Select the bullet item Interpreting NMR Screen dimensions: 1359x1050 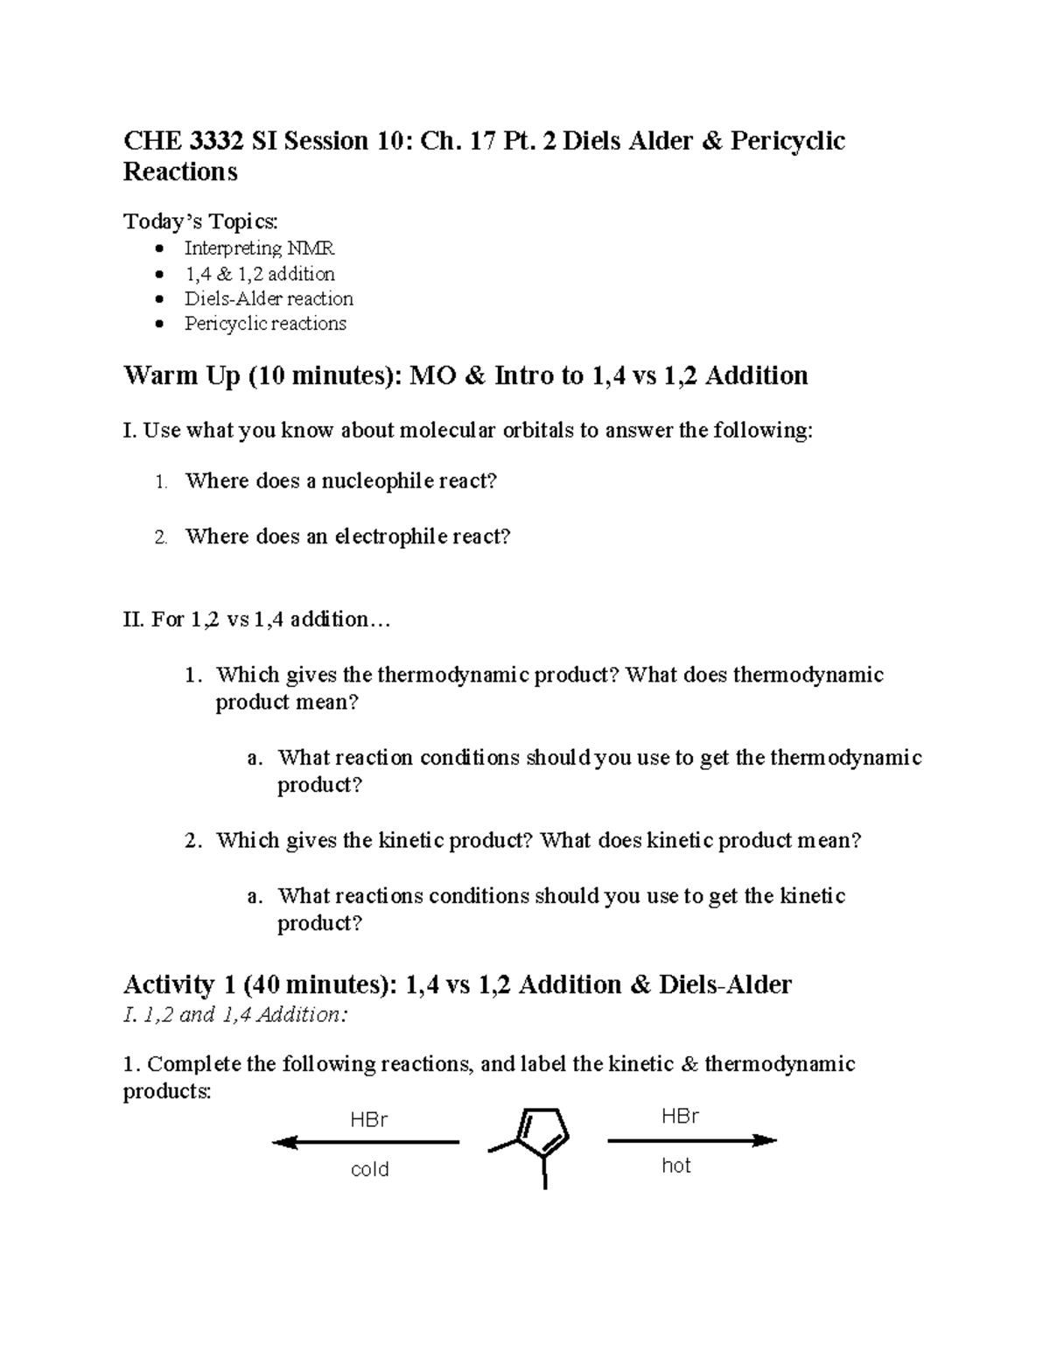click(x=259, y=249)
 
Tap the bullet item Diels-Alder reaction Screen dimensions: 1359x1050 click(x=269, y=298)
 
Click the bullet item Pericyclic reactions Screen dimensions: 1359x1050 click(x=265, y=324)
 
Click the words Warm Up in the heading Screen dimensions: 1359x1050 click(x=181, y=376)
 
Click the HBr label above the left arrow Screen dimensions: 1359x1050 click(x=368, y=1120)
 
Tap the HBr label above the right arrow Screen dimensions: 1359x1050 click(x=680, y=1116)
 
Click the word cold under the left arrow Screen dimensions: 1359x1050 click(x=369, y=1169)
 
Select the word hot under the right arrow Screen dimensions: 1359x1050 click(x=676, y=1166)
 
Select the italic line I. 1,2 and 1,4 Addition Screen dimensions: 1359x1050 click(x=235, y=1015)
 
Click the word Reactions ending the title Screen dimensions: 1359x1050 click(x=180, y=172)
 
